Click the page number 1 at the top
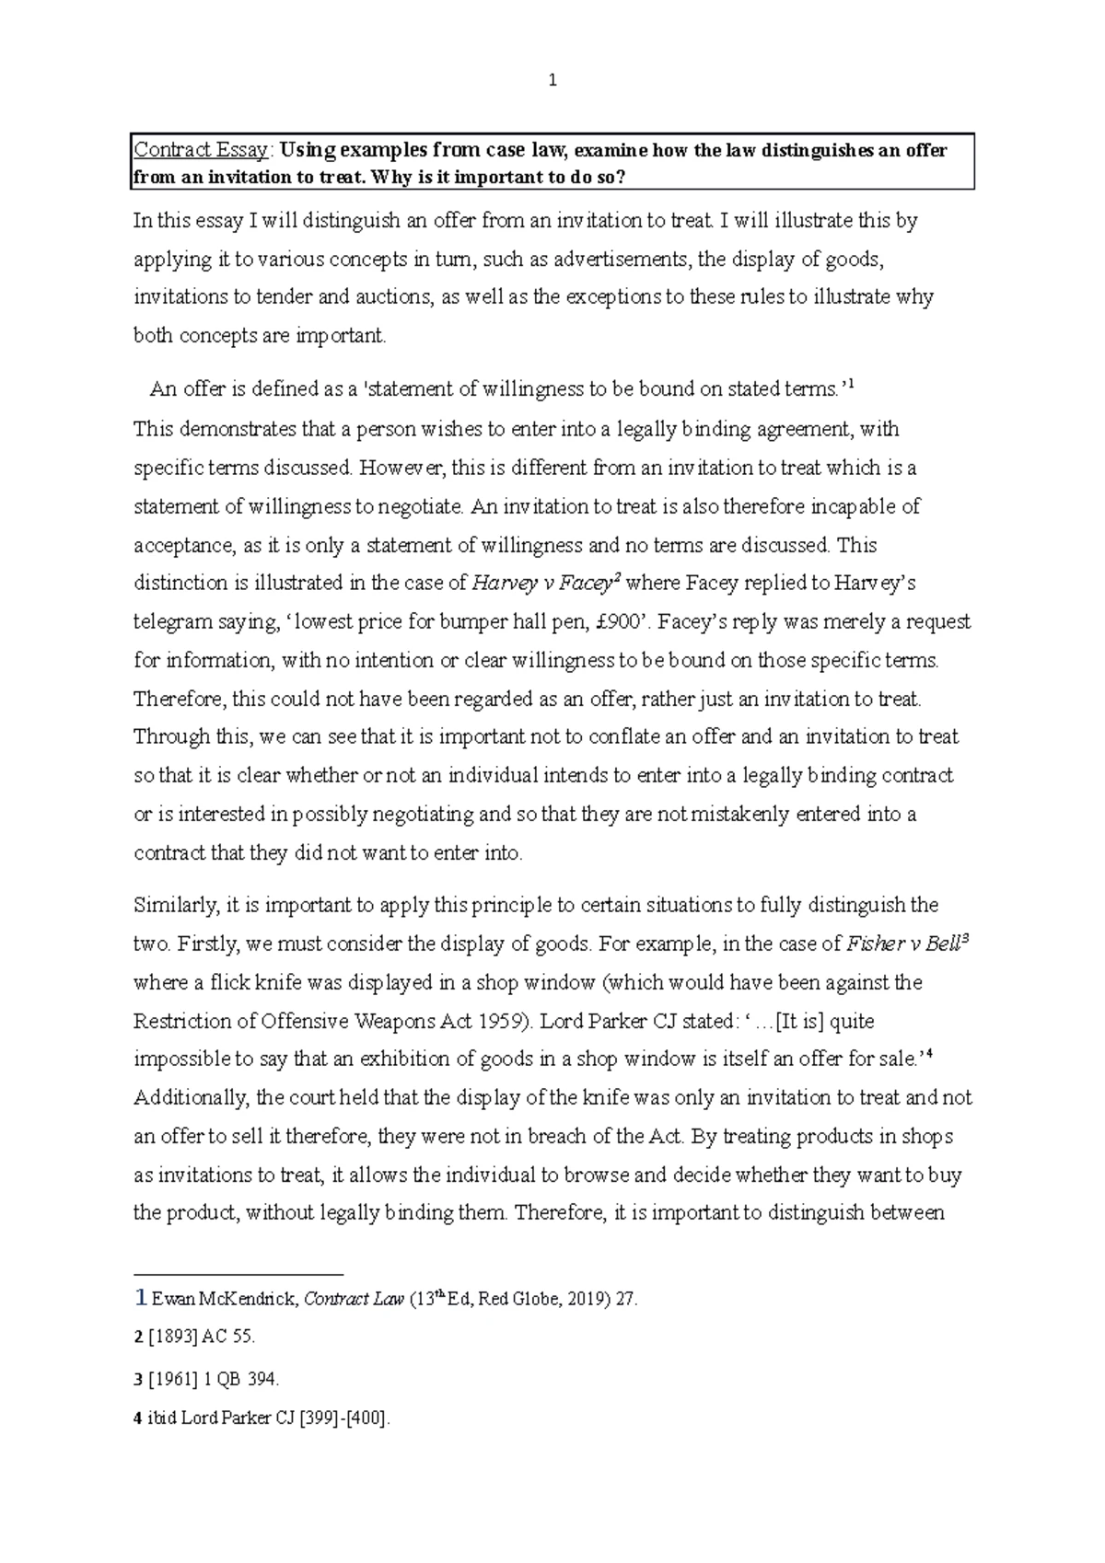[x=552, y=81]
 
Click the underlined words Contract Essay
[x=201, y=151]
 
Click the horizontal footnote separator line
[x=238, y=1275]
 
